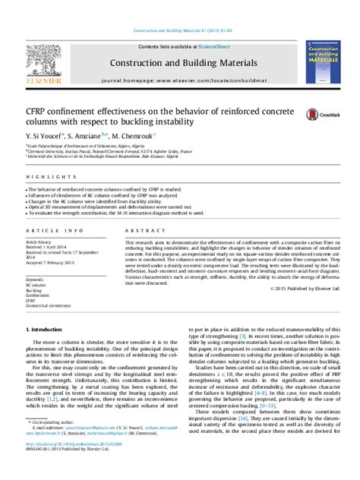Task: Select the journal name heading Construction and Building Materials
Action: pyautogui.click(x=179, y=62)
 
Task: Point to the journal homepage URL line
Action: pyautogui.click(x=179, y=79)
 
